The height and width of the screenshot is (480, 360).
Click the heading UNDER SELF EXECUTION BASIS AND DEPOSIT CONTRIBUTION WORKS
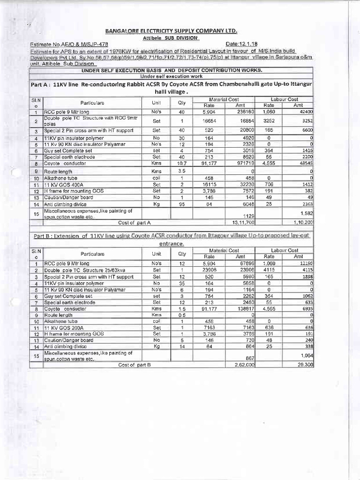point(172,70)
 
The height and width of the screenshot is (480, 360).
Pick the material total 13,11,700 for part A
point(241,222)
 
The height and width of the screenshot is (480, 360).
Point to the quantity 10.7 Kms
point(182,164)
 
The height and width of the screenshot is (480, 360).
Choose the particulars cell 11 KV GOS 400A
point(62,185)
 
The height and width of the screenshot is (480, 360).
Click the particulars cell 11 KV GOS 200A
point(62,327)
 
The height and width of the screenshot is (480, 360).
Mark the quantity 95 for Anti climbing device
point(182,204)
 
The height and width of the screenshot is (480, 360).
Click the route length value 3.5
point(182,172)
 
